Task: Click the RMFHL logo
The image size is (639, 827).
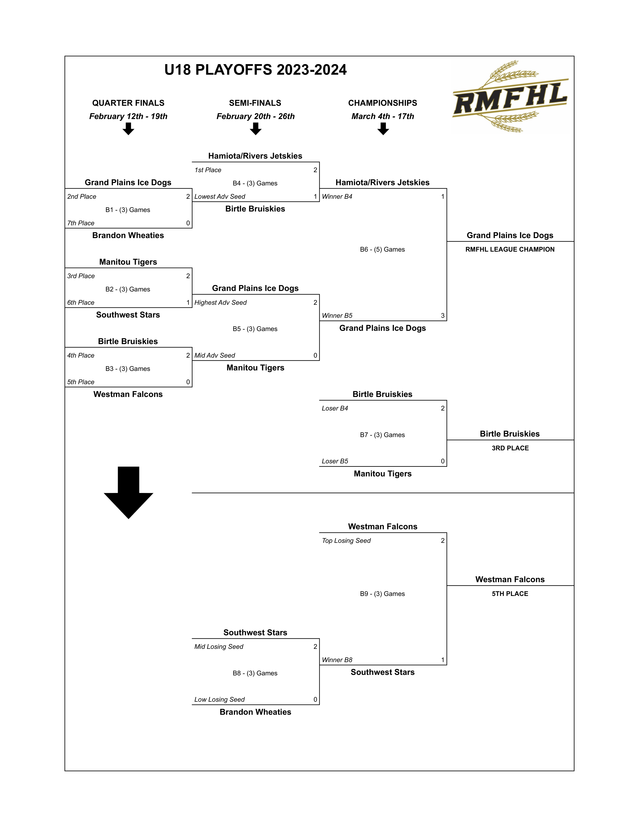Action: [510, 97]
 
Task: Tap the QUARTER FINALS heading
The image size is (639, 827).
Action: [128, 103]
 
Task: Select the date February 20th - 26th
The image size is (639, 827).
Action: [256, 116]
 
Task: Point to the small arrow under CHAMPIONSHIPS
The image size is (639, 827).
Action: [383, 129]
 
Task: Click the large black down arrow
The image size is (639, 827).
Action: [128, 492]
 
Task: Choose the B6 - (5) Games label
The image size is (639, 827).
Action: [382, 250]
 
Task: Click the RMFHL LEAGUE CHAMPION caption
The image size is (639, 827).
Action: [510, 250]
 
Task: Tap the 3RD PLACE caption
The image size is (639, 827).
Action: [510, 448]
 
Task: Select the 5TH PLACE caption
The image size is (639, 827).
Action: [510, 594]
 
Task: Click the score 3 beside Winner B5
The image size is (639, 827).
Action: [443, 316]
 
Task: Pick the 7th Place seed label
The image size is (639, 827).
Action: [81, 223]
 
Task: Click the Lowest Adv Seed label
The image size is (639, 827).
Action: [220, 196]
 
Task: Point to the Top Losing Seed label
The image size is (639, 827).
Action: [346, 541]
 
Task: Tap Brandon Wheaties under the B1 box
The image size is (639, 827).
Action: [128, 236]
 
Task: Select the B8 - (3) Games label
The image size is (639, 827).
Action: [255, 673]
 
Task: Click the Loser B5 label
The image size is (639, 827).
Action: [335, 461]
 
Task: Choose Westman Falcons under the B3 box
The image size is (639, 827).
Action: [128, 394]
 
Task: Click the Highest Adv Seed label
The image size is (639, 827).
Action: [220, 302]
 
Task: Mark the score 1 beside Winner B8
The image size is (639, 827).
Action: [443, 660]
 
